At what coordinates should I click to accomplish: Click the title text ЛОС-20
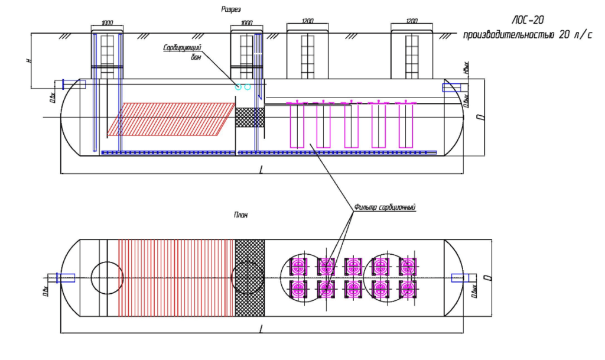pos(528,20)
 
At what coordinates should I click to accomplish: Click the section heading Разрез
pos(231,9)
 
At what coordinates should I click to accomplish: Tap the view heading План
pos(240,215)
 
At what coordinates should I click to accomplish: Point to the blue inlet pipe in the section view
pos(74,84)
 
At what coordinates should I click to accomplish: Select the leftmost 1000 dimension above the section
pos(107,23)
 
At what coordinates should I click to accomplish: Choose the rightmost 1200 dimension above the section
pos(412,21)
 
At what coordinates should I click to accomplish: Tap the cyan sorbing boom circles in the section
pos(243,87)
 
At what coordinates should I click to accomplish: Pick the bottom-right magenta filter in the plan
pos(407,288)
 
